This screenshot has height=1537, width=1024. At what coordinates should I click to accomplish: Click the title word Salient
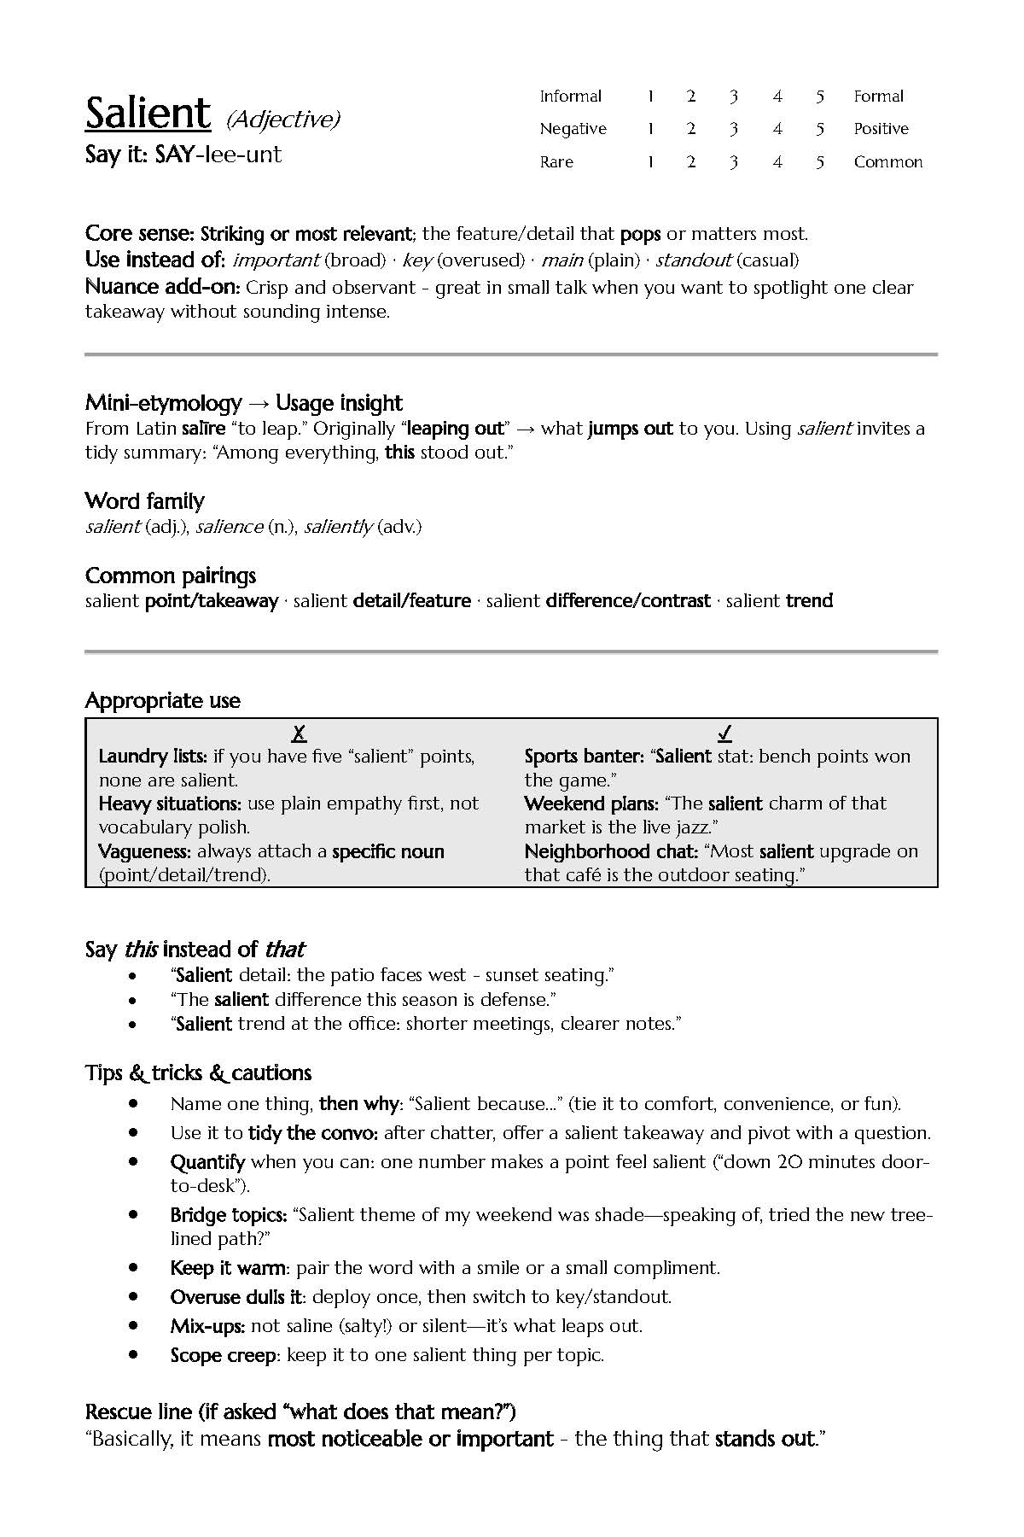(x=148, y=114)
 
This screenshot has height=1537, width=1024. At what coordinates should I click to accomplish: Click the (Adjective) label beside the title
(x=283, y=120)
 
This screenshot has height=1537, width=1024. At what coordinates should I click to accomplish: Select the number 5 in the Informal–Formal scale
(x=819, y=96)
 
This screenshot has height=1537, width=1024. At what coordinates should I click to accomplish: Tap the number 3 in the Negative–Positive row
(x=733, y=129)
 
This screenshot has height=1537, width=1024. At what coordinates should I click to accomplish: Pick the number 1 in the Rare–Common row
(x=650, y=162)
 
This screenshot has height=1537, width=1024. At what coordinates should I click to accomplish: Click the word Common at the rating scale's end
(x=888, y=162)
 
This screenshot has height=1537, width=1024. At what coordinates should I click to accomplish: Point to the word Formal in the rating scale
(x=878, y=96)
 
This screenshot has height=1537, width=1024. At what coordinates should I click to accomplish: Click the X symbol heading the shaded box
(x=299, y=733)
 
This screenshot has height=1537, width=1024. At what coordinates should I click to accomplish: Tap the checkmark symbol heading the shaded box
(x=724, y=733)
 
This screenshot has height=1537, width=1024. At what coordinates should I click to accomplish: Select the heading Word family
(x=145, y=501)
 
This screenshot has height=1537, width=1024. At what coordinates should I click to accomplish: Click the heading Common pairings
(x=171, y=576)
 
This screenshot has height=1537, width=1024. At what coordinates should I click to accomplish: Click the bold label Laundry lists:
(x=153, y=757)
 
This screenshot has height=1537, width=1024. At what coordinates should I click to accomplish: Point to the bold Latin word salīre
(x=204, y=429)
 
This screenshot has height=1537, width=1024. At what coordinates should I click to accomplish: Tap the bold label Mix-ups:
(x=207, y=1326)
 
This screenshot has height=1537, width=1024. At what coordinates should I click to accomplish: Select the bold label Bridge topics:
(x=228, y=1215)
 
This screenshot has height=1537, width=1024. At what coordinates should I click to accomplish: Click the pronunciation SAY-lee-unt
(x=218, y=155)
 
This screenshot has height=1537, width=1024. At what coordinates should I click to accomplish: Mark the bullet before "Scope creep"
(x=133, y=1355)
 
